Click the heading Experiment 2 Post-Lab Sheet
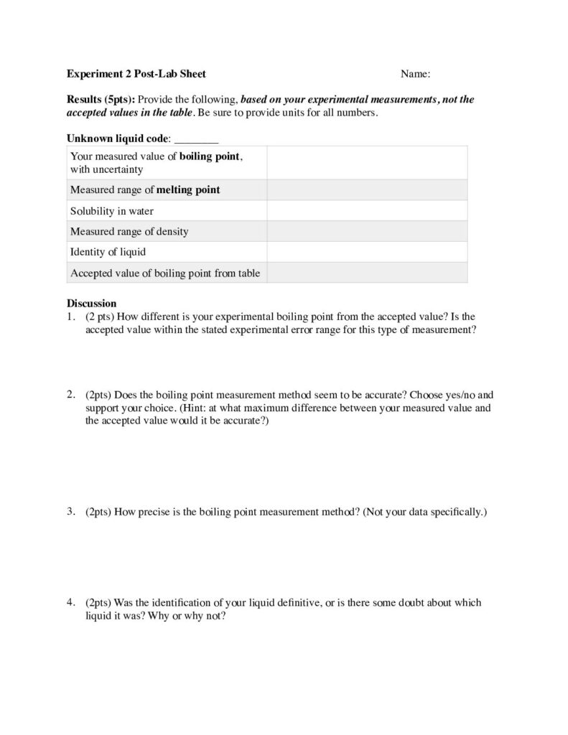click(136, 73)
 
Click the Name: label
click(415, 73)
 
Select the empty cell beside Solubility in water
click(367, 211)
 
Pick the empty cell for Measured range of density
click(367, 231)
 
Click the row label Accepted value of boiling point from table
click(165, 272)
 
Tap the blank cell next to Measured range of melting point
click(367, 190)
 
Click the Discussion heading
click(91, 304)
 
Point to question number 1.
click(70, 316)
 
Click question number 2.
click(70, 395)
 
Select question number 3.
click(70, 512)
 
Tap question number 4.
click(70, 603)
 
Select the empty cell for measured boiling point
click(367, 162)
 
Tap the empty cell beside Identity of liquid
click(367, 252)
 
